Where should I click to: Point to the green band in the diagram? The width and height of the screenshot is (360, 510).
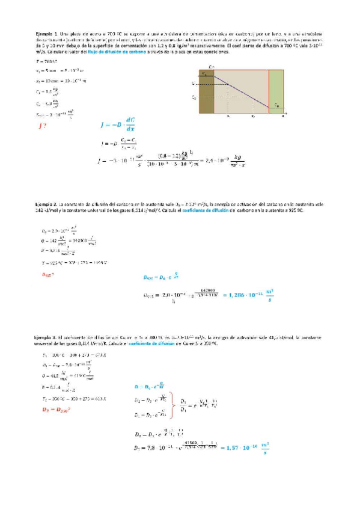tap(276, 91)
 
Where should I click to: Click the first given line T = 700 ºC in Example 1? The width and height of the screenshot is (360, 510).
tap(46, 61)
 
